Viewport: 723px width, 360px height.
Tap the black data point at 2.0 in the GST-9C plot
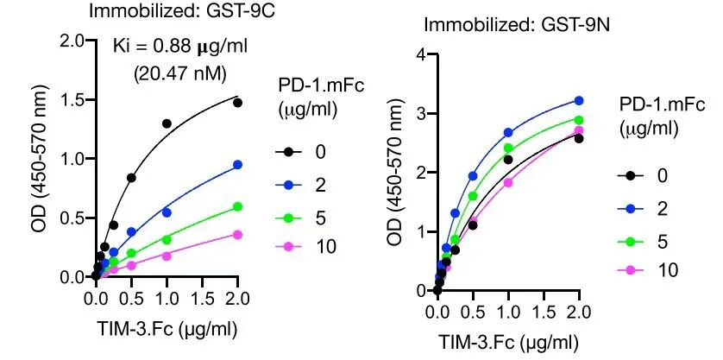(x=237, y=103)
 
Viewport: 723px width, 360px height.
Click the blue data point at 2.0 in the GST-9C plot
(x=237, y=164)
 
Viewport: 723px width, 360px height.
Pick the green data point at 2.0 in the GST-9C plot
(x=237, y=206)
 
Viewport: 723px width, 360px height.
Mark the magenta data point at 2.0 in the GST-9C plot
(x=237, y=234)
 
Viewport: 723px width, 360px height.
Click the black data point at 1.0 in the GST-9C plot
(x=167, y=123)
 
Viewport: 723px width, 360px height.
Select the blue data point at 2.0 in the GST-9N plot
(x=578, y=100)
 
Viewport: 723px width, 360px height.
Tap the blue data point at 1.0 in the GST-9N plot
(x=508, y=133)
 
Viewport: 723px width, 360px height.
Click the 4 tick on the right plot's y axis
(x=421, y=55)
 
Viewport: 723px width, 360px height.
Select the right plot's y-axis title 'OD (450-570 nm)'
(x=395, y=173)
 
